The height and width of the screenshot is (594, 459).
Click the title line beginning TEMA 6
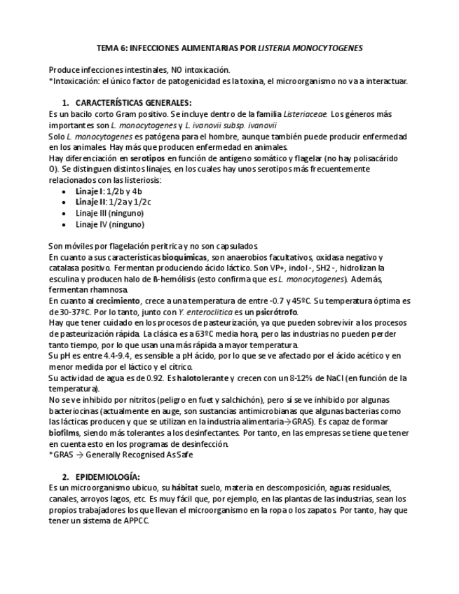(229, 48)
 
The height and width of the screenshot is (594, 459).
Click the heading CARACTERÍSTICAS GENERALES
(132, 103)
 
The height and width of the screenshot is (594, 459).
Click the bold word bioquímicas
(184, 257)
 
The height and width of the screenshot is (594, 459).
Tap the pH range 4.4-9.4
(102, 356)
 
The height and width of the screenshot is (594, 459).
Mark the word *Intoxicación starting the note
(75, 81)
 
